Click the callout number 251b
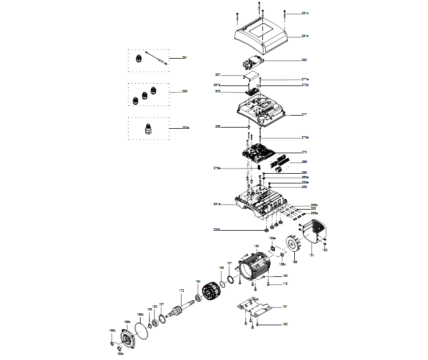(305, 36)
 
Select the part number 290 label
(304, 59)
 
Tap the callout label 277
(304, 114)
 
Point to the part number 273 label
(304, 153)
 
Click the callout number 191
(285, 307)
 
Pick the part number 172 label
(182, 291)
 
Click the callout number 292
(184, 91)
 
